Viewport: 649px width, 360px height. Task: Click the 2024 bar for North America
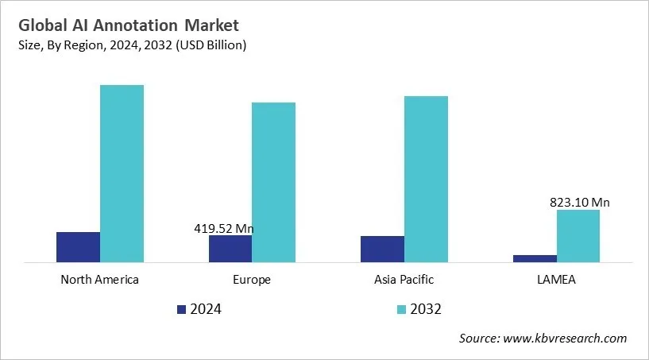tap(78, 246)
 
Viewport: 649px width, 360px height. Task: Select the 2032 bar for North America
tap(122, 173)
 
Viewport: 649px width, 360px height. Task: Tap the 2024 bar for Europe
tap(230, 248)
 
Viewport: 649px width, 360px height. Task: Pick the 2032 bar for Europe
tap(273, 182)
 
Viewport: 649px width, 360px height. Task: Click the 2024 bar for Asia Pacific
tap(382, 249)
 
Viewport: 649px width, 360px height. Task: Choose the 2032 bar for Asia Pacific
tap(426, 179)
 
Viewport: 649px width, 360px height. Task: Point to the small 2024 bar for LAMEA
tap(535, 257)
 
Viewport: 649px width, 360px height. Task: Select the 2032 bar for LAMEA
tap(578, 235)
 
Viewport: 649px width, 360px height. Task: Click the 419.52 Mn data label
tap(224, 229)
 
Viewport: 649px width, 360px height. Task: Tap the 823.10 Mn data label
tap(579, 203)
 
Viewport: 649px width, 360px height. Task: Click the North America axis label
tap(99, 280)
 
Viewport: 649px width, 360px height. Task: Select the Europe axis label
tap(252, 280)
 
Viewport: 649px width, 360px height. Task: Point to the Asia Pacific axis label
tap(404, 280)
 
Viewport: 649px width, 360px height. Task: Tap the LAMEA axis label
tap(556, 280)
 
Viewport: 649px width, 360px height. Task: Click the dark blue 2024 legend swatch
tap(181, 309)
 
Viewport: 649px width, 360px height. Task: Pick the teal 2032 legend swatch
tap(400, 309)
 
